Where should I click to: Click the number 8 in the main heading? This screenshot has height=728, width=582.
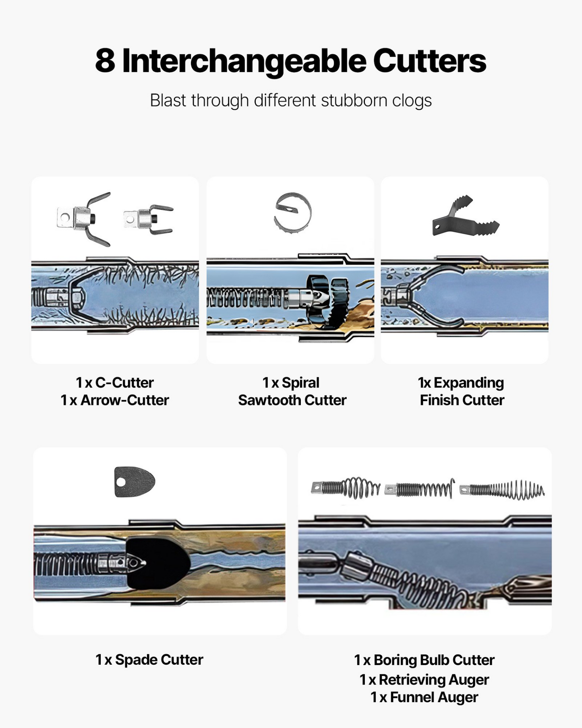click(105, 61)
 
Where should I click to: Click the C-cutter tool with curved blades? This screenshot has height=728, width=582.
click(84, 219)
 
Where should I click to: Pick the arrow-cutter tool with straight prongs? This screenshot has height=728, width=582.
click(148, 219)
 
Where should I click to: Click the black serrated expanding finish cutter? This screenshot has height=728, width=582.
click(466, 216)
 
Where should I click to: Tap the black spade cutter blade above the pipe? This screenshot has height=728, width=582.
click(135, 482)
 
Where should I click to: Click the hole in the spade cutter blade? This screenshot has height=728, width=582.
click(120, 482)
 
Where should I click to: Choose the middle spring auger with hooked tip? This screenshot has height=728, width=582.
click(419, 489)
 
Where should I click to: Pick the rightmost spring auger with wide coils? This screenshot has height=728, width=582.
click(502, 490)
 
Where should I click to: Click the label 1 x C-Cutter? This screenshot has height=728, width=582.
click(115, 383)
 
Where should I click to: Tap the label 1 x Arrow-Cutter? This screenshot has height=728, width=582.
click(115, 400)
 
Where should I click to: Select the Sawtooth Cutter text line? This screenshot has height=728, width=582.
click(292, 400)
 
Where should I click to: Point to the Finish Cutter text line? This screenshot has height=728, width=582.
click(462, 400)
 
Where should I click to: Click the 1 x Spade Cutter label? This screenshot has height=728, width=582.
click(149, 660)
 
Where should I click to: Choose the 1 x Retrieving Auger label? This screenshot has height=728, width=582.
click(424, 680)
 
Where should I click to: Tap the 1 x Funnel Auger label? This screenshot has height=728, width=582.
click(424, 697)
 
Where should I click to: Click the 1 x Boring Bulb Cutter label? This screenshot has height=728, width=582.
click(424, 660)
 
